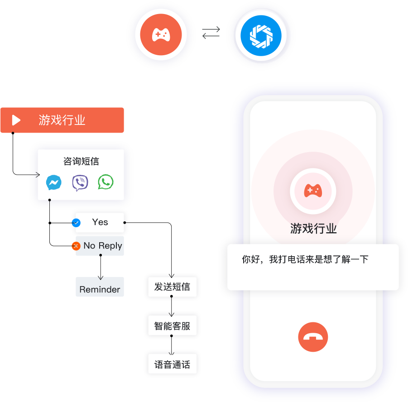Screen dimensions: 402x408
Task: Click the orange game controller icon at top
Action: (x=161, y=35)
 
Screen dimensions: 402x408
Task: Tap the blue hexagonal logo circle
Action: (x=261, y=35)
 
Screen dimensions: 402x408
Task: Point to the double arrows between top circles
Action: (x=211, y=33)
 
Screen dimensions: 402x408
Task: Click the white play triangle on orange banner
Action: (x=16, y=120)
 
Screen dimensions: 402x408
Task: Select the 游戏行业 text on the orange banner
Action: (x=62, y=120)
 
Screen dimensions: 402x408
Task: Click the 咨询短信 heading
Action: (x=81, y=162)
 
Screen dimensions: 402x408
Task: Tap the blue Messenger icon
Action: (x=54, y=183)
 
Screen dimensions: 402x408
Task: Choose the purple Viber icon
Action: (x=80, y=183)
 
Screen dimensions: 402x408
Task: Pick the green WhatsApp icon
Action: (x=106, y=182)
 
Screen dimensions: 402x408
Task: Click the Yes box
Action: (x=100, y=222)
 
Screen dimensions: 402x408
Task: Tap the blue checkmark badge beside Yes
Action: (x=76, y=223)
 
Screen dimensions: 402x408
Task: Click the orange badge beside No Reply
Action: (x=76, y=246)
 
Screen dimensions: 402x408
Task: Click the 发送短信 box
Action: (x=172, y=287)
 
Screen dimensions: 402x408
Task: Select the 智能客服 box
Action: (x=172, y=325)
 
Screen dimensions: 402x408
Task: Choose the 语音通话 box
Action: (x=172, y=364)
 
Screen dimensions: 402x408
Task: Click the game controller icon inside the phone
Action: (x=313, y=191)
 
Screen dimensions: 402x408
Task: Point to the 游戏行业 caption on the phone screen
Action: (x=313, y=229)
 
